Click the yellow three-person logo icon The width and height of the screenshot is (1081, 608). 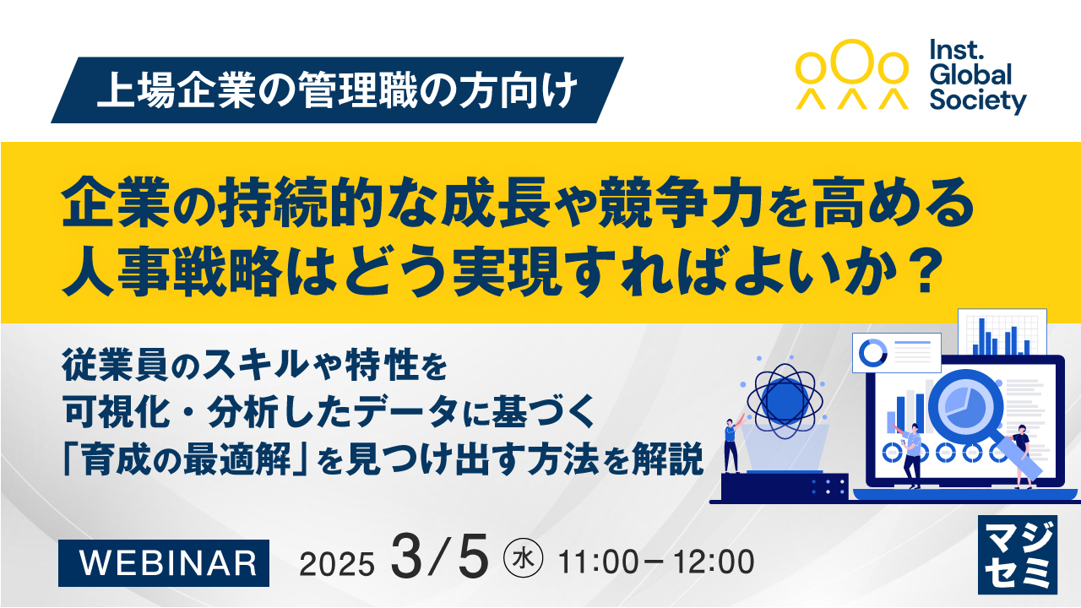pyautogui.click(x=853, y=74)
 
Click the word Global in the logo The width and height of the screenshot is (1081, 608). pyautogui.click(x=970, y=75)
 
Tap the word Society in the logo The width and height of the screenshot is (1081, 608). pyautogui.click(x=977, y=100)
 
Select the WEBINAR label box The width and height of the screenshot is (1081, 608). pyautogui.click(x=164, y=562)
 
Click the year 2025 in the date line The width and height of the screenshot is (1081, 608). pyautogui.click(x=336, y=563)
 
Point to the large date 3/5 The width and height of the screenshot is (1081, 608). pyautogui.click(x=439, y=558)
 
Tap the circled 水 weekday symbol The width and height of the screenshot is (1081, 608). pyautogui.click(x=524, y=560)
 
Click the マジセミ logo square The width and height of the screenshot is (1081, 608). pyautogui.click(x=1018, y=553)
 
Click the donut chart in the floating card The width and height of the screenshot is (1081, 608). pyautogui.click(x=872, y=351)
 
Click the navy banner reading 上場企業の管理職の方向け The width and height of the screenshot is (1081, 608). pyautogui.click(x=337, y=90)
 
